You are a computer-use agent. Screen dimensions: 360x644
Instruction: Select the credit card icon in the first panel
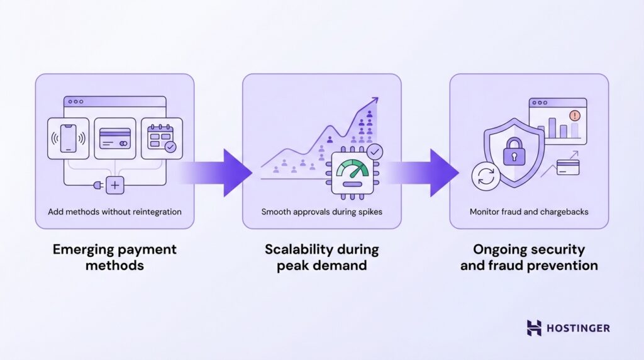coord(115,138)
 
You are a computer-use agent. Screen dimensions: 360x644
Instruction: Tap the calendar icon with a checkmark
coord(161,138)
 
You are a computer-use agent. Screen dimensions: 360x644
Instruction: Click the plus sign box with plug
coord(115,185)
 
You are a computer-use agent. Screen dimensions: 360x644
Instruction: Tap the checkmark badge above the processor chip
coord(375,152)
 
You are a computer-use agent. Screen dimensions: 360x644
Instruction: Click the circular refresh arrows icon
coord(486,177)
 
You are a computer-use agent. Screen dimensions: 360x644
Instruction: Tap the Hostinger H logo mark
coord(534,328)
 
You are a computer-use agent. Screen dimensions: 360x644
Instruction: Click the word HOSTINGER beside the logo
coord(578,329)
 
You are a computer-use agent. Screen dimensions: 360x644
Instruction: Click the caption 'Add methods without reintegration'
coord(114,212)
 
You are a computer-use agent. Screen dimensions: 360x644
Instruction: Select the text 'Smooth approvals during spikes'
coord(321,212)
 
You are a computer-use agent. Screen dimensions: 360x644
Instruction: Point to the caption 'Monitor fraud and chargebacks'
coord(529,212)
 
